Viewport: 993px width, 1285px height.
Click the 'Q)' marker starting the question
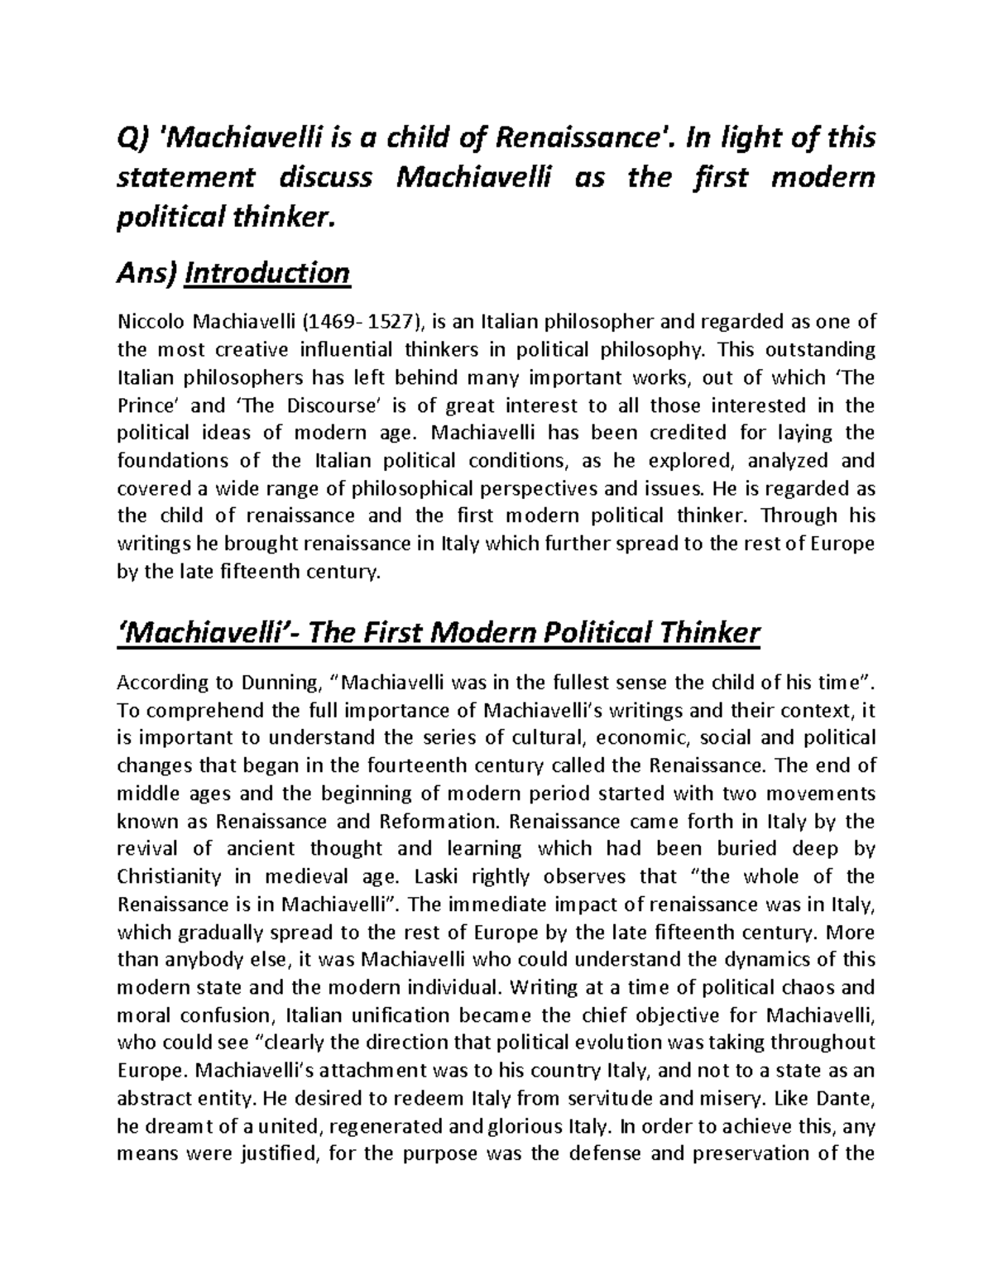(x=132, y=137)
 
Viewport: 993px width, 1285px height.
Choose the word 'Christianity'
(x=170, y=876)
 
